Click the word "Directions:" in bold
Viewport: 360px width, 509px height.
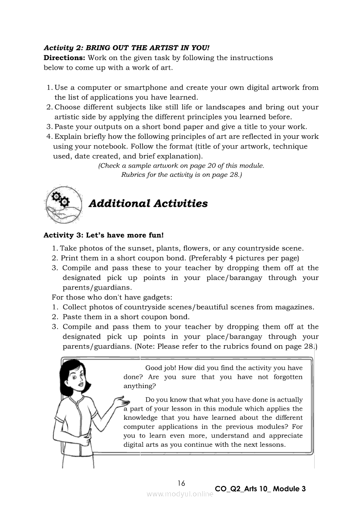coord(65,58)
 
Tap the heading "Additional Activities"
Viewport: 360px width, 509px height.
coord(148,204)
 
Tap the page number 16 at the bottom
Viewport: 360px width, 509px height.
coord(181,483)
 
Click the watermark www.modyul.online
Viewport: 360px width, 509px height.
coord(180,494)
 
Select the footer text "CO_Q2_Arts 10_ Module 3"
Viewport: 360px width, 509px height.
coord(260,489)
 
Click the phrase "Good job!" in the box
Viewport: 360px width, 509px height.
coord(160,368)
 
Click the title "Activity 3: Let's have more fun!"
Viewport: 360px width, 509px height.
coord(104,235)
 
